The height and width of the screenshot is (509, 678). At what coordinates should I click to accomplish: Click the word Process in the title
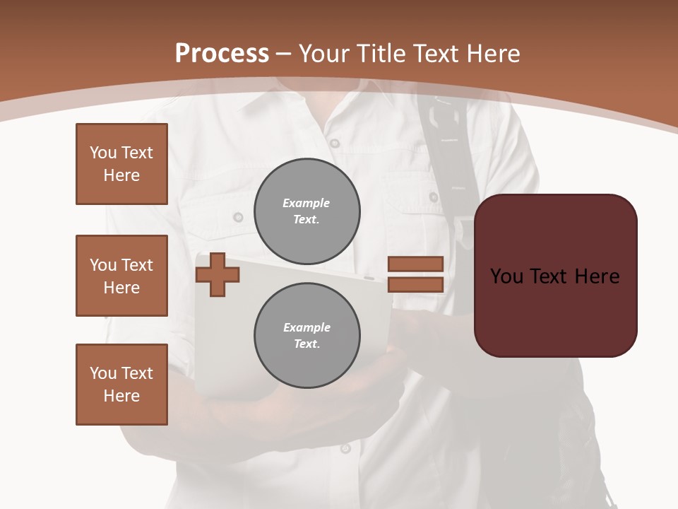coord(222,54)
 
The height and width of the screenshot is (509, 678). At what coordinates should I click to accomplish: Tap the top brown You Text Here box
coord(121,164)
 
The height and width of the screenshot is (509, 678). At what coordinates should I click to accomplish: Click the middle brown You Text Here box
coord(121,276)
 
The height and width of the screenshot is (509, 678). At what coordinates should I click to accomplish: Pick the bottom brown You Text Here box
coord(121,385)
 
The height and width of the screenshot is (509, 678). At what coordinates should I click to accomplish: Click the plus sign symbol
coord(217,274)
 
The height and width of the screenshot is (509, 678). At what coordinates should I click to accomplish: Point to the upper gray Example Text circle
coord(307,211)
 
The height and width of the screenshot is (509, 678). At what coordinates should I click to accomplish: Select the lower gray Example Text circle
coord(307,336)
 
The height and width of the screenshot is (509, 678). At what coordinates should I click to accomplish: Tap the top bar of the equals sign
coord(415,264)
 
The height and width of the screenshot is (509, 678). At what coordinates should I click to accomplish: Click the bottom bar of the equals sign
coord(415,285)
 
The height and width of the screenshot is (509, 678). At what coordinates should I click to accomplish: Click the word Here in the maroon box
coord(597,276)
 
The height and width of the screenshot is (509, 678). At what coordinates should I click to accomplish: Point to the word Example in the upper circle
coord(306,203)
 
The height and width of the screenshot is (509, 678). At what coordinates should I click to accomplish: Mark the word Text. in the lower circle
coord(307,344)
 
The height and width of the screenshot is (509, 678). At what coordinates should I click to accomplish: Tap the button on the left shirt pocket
coord(239,217)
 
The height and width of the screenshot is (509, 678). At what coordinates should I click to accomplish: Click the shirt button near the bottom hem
coord(345,447)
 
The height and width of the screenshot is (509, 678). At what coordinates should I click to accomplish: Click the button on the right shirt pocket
coord(433,197)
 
